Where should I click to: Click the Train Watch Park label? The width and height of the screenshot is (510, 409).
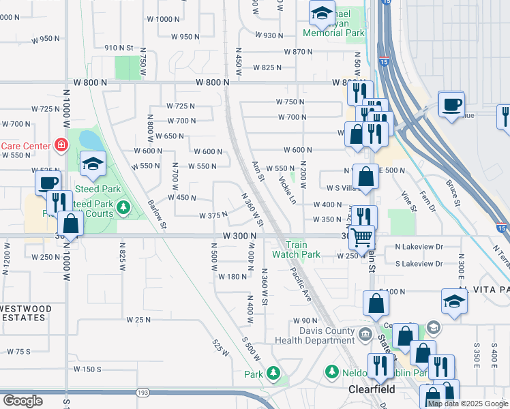[x=296, y=249]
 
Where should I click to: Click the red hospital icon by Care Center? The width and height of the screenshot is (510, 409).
[x=61, y=145]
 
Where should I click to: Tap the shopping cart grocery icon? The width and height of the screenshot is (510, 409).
[x=362, y=237]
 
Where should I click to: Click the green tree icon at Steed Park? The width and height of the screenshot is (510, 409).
[x=123, y=207]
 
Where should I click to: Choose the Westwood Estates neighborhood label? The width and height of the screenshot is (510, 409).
[x=25, y=313]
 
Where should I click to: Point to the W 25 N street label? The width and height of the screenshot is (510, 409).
[x=138, y=320]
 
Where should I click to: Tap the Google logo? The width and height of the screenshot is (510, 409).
[x=22, y=401]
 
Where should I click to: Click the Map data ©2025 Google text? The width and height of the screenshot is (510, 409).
[x=468, y=404]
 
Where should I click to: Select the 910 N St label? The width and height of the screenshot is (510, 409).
[x=118, y=48]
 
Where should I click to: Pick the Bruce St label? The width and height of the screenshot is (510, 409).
[x=453, y=192]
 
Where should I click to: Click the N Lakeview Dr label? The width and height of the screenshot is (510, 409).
[x=419, y=247]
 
